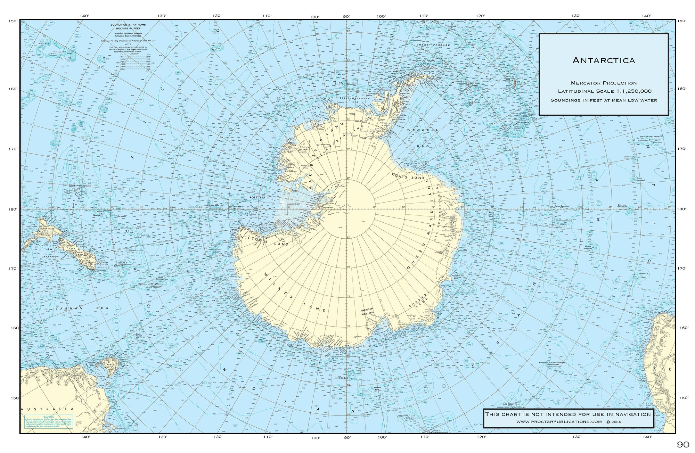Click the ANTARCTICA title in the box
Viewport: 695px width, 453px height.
pos(603,60)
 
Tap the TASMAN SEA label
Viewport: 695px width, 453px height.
pos(82,308)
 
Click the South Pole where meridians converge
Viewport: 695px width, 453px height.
pos(346,209)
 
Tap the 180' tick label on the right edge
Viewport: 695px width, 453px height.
pos(681,209)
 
